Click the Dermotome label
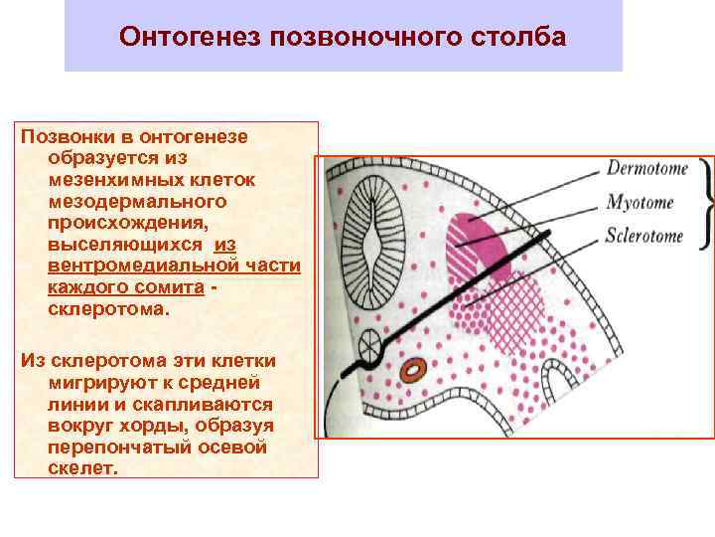(646, 168)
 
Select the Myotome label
(640, 203)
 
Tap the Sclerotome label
(646, 237)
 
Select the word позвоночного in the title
(361, 37)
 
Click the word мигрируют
(96, 382)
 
